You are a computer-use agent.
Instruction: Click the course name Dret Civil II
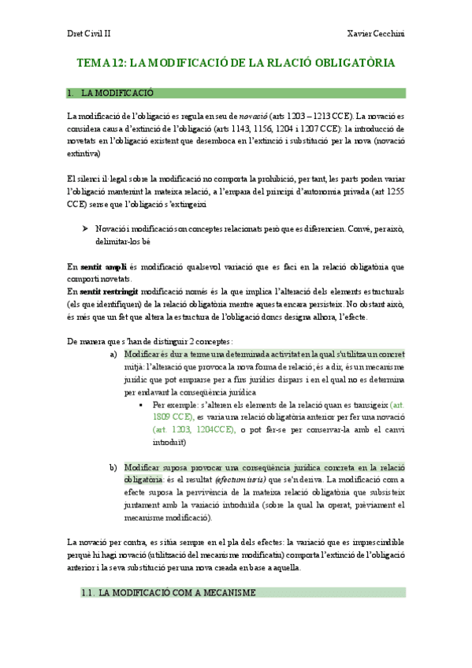[88, 34]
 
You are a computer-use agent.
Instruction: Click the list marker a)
[114, 354]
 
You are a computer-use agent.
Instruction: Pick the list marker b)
[114, 467]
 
